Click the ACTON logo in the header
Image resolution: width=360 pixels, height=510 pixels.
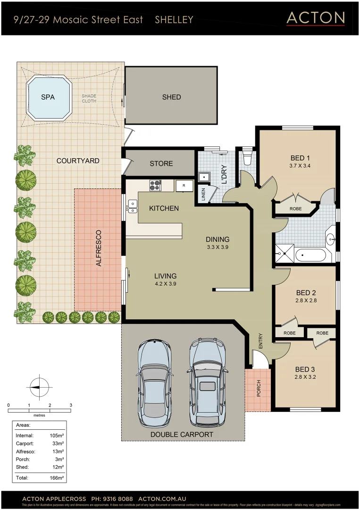pyautogui.click(x=316, y=18)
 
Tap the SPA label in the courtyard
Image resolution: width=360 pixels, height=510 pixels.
pyautogui.click(x=48, y=97)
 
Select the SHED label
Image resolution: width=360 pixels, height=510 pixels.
pyautogui.click(x=171, y=97)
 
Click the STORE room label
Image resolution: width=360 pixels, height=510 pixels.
pyautogui.click(x=161, y=163)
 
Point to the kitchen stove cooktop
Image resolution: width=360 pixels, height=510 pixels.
pyautogui.click(x=155, y=185)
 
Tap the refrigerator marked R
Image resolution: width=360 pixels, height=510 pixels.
pyautogui.click(x=184, y=186)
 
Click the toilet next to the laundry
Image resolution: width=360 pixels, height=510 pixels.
pyautogui.click(x=247, y=157)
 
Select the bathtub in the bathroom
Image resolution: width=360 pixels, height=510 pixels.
pyautogui.click(x=310, y=256)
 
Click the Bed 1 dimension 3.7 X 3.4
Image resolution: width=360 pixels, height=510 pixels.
pyautogui.click(x=300, y=166)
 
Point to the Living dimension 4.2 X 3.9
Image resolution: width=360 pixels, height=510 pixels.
pyautogui.click(x=165, y=284)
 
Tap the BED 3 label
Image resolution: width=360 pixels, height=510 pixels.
pyautogui.click(x=305, y=369)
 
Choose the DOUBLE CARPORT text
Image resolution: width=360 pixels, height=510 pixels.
pyautogui.click(x=182, y=434)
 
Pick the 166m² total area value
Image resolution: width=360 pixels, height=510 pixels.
pyautogui.click(x=57, y=478)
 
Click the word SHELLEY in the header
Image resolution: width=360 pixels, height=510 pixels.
pyautogui.click(x=174, y=19)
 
